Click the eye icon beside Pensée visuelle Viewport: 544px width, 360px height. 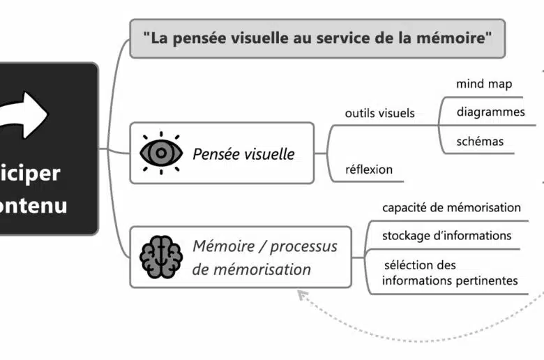point(161,153)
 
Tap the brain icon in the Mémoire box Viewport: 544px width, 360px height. point(160,257)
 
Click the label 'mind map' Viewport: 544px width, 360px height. point(484,84)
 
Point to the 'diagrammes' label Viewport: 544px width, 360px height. point(490,112)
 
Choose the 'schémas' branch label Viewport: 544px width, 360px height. point(480,141)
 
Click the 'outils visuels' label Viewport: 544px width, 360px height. point(379,113)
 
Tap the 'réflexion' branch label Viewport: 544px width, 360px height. point(369,169)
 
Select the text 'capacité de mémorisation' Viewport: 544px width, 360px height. point(451,207)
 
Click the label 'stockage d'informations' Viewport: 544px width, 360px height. point(446,236)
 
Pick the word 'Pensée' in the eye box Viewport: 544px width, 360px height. point(216,153)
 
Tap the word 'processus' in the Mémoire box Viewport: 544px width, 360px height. point(303,246)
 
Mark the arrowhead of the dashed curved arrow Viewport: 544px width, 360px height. point(302,295)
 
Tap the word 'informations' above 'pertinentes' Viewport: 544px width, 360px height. point(417,280)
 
